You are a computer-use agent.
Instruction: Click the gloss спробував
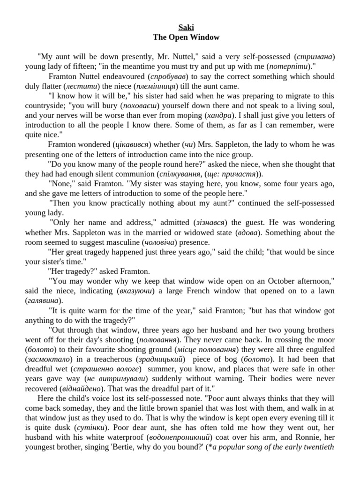[x=168, y=76]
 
